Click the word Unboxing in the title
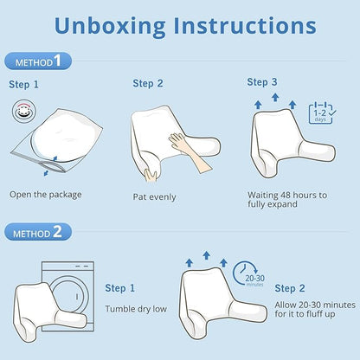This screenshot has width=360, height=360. [110, 27]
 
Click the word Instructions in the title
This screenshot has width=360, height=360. [245, 25]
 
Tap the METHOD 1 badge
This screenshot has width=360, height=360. [38, 61]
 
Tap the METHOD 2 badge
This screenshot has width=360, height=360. [38, 232]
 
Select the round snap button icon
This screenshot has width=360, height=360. [24, 111]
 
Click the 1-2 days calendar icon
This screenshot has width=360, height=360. [322, 113]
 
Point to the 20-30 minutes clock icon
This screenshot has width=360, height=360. [245, 274]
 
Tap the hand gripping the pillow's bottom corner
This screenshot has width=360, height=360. [151, 176]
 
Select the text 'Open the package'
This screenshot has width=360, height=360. [46, 195]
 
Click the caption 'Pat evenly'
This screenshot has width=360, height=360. [154, 197]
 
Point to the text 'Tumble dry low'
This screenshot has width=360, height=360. [136, 309]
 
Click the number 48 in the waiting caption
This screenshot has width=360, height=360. [286, 196]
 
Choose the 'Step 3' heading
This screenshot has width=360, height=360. [262, 82]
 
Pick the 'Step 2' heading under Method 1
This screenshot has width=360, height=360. [148, 84]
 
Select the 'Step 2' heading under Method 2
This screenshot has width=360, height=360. [290, 288]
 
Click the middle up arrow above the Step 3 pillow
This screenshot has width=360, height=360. [275, 97]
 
